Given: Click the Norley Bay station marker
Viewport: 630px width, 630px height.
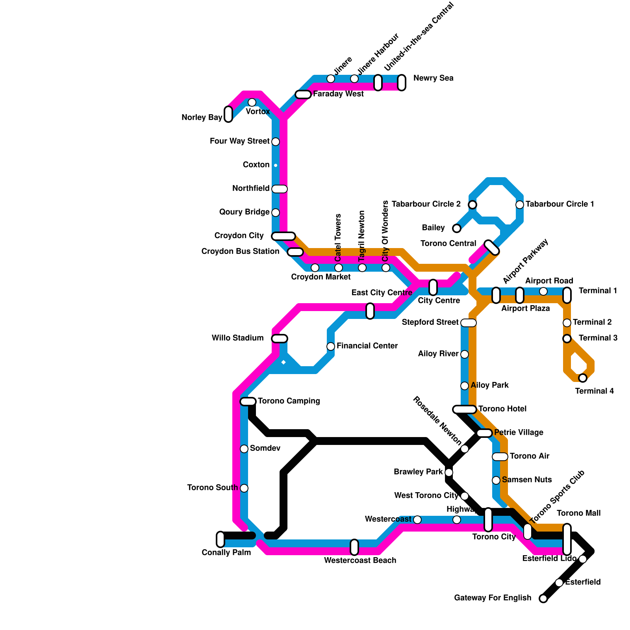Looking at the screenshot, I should click(228, 114).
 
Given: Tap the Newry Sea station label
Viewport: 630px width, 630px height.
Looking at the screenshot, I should click(433, 78).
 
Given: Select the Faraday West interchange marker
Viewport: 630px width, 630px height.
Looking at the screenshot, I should click(303, 94).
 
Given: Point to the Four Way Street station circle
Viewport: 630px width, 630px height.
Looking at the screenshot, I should click(276, 142).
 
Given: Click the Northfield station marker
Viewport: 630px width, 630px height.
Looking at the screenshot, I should click(280, 189).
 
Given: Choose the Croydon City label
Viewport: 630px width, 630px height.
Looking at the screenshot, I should click(239, 236).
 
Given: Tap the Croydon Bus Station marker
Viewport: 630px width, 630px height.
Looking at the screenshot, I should click(295, 252).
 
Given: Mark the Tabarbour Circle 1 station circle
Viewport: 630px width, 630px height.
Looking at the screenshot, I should click(520, 205).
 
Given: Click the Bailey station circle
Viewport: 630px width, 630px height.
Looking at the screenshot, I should click(457, 228).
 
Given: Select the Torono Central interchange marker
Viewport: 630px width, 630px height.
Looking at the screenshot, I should click(492, 247).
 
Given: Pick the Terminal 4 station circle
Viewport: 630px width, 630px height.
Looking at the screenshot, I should click(583, 378).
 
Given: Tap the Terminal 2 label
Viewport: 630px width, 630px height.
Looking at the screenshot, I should click(592, 322).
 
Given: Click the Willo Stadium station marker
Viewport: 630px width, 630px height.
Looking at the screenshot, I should click(280, 339).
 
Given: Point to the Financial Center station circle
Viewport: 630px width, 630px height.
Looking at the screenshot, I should click(331, 346).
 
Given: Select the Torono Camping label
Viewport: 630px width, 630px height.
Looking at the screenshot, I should click(289, 401).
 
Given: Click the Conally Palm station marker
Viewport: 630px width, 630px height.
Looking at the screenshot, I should click(220, 539).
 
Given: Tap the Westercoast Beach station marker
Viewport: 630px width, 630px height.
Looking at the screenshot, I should click(354, 547).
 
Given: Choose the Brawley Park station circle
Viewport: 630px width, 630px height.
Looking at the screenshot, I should click(449, 472).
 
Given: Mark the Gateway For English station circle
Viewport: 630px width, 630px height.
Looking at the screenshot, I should click(543, 598).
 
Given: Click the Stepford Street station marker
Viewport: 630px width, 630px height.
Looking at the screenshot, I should click(469, 323).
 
